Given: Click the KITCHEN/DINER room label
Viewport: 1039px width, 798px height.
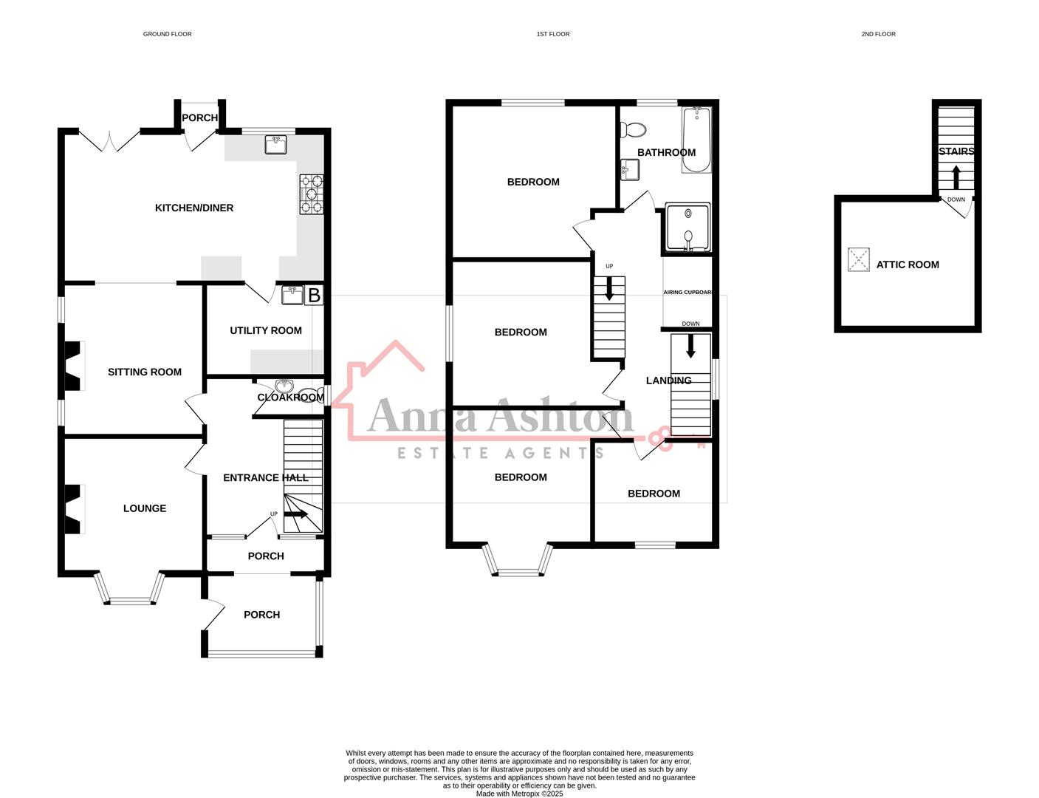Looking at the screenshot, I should (193, 208).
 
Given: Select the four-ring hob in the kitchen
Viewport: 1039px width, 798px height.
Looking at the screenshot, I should (311, 194).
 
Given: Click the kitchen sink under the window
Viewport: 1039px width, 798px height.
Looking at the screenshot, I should (276, 145).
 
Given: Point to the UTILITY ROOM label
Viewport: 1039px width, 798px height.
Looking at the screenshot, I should (265, 330).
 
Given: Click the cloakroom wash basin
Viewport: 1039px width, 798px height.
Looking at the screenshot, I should (285, 386).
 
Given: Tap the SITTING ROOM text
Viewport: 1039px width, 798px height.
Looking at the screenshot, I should (145, 372).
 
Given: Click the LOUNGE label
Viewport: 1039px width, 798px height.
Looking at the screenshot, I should (145, 508).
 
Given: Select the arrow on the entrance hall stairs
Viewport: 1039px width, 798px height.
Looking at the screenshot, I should (296, 514).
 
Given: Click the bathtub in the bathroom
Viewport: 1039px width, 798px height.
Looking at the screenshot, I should (696, 139).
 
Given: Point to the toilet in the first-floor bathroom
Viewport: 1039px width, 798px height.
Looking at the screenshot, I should (633, 131).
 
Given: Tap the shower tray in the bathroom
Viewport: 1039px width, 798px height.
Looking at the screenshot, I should (687, 227).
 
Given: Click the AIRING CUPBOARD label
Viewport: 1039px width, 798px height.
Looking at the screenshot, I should (687, 293).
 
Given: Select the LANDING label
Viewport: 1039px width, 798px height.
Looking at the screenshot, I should (668, 381).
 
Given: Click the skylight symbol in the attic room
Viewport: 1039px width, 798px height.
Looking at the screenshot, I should (858, 259).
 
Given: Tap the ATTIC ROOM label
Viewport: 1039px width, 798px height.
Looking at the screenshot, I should (908, 265).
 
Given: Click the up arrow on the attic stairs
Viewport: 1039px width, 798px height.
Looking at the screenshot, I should (956, 177).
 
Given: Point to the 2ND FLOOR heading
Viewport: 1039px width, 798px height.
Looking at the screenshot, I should (878, 34).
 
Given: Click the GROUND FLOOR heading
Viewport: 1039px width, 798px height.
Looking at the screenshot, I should (167, 34).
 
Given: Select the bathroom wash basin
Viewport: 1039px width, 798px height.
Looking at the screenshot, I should (630, 170).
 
